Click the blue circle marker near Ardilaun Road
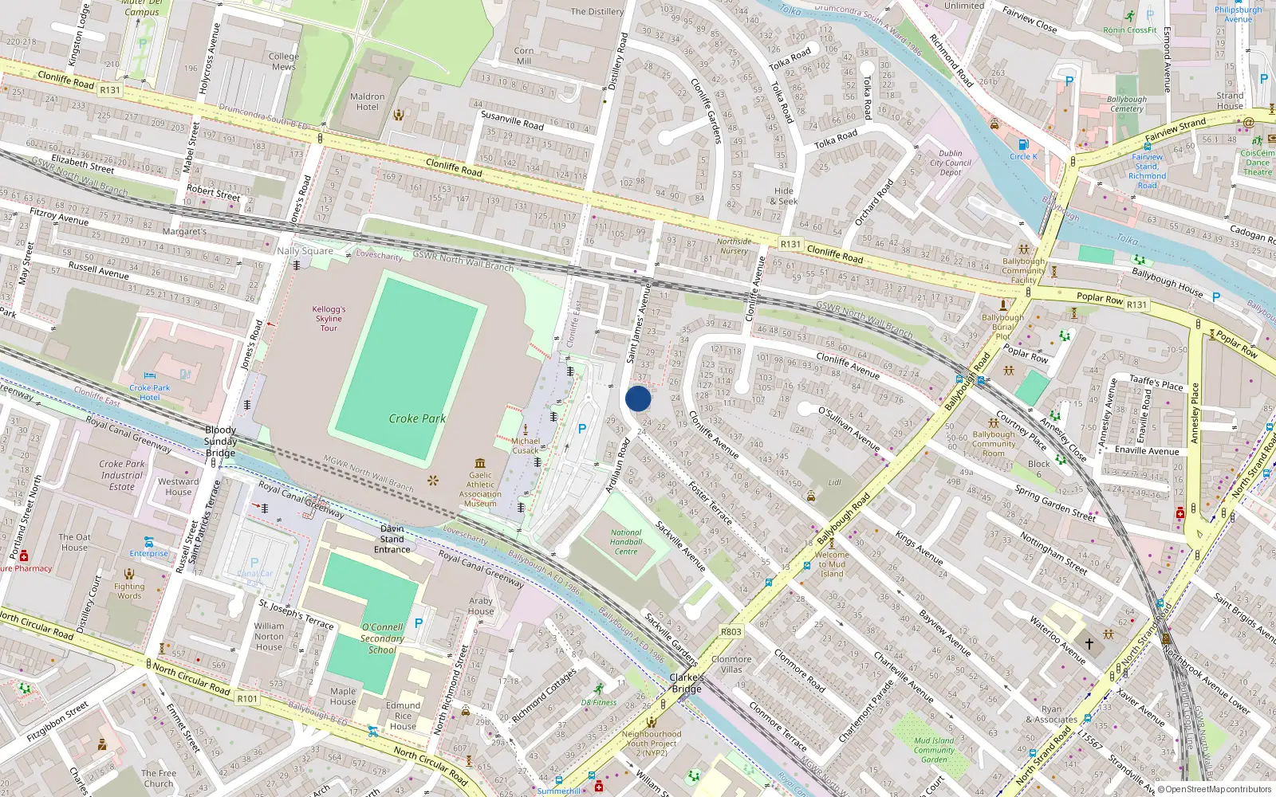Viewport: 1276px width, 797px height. pyautogui.click(x=638, y=398)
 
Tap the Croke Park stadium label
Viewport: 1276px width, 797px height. pyautogui.click(x=417, y=418)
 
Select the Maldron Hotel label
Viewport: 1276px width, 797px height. pyautogui.click(x=368, y=101)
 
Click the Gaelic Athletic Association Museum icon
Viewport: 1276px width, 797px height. pyautogui.click(x=479, y=463)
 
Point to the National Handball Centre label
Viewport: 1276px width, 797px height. pyautogui.click(x=626, y=542)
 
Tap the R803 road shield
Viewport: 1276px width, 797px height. pyautogui.click(x=731, y=631)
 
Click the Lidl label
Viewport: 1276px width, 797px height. pyautogui.click(x=834, y=482)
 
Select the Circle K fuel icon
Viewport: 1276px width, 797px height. pyautogui.click(x=1023, y=144)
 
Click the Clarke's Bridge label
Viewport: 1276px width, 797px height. pyautogui.click(x=686, y=683)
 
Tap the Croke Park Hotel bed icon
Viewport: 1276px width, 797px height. pyautogui.click(x=149, y=375)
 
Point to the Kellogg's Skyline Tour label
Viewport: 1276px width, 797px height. pyautogui.click(x=329, y=318)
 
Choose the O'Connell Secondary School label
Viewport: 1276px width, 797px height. pyautogui.click(x=382, y=638)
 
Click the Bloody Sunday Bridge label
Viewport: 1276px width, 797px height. pyautogui.click(x=220, y=441)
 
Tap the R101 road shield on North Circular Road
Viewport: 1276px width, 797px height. pyautogui.click(x=248, y=699)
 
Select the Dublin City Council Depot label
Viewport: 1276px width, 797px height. pyautogui.click(x=951, y=163)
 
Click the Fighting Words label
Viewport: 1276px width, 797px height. pyautogui.click(x=129, y=591)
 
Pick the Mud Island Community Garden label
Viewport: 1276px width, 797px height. pyautogui.click(x=934, y=750)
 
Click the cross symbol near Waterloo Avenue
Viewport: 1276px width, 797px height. pyautogui.click(x=1089, y=642)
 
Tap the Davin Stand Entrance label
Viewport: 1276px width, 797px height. pyautogui.click(x=392, y=539)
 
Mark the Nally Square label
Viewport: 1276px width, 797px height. pyautogui.click(x=305, y=250)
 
